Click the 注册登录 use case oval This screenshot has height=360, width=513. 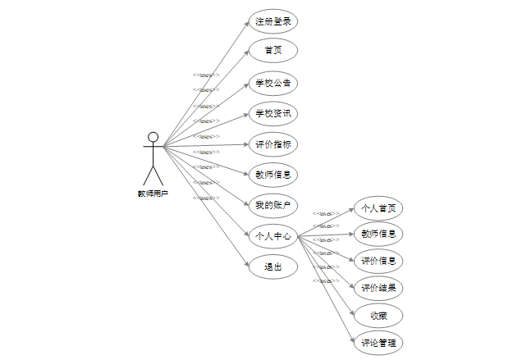[x=273, y=21]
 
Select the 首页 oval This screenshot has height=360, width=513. [x=273, y=51]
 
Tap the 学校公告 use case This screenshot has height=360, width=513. [x=273, y=83]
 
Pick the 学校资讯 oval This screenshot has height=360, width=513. [x=273, y=113]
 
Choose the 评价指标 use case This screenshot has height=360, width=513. [x=273, y=144]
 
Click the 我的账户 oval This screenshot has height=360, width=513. [x=273, y=204]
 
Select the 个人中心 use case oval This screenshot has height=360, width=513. [x=273, y=236]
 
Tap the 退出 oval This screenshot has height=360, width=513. [x=273, y=267]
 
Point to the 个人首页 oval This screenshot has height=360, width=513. [x=378, y=207]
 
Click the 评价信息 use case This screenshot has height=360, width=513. [x=378, y=261]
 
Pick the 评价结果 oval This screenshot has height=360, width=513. [x=378, y=288]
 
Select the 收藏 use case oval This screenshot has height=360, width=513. [x=378, y=315]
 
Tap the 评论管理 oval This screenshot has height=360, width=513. [x=378, y=342]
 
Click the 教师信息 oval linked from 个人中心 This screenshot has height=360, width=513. [x=378, y=234]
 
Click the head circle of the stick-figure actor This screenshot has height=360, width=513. [x=153, y=137]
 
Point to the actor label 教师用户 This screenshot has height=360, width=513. [x=153, y=194]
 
